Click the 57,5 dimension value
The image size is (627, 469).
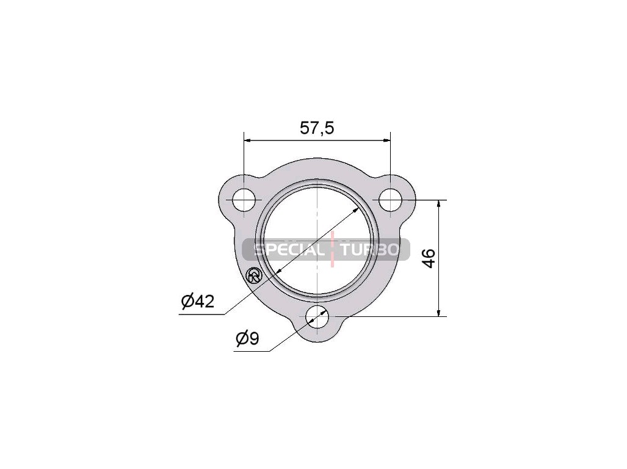coord(317,128)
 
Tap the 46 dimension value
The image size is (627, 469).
coord(429,258)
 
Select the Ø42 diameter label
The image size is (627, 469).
coord(198,301)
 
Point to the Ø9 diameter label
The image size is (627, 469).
coord(247,339)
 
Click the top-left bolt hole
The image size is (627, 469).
coord(244,200)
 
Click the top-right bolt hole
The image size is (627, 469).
coord(390,200)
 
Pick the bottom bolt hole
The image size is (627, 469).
coord(317,317)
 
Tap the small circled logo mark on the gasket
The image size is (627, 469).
coord(254,275)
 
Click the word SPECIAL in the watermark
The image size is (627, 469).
coord(290,250)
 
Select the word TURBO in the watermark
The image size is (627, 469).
coord(369,250)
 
